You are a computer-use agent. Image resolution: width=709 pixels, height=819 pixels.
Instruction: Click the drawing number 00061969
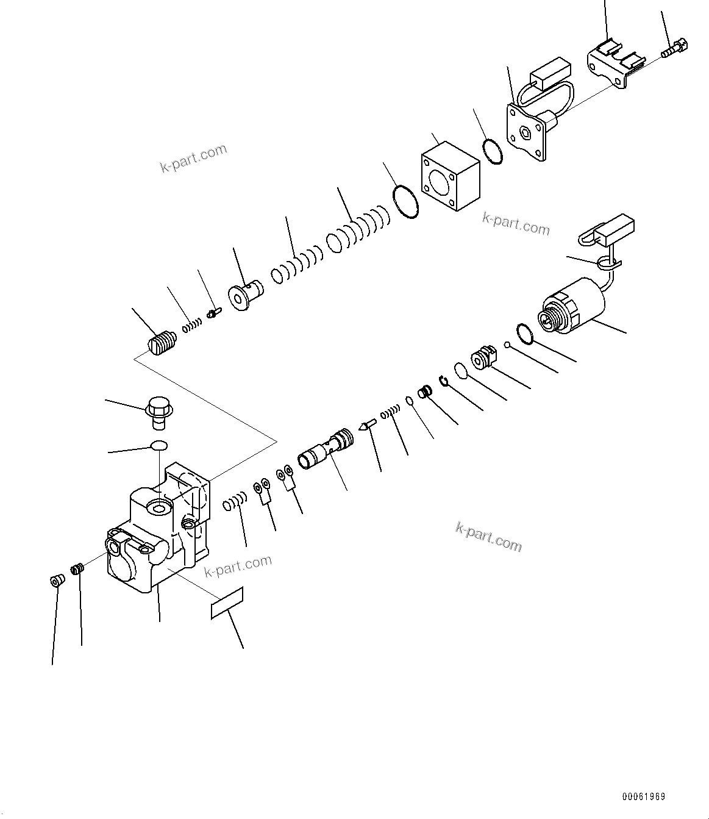tap(644, 797)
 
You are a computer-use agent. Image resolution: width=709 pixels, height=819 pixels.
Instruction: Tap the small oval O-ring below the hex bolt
tap(159, 446)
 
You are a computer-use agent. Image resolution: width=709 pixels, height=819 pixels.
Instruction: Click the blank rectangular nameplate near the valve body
tap(227, 603)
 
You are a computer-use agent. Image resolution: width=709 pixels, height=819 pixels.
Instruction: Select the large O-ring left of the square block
tap(406, 201)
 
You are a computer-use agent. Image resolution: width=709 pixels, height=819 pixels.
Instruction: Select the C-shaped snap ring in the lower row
tap(444, 381)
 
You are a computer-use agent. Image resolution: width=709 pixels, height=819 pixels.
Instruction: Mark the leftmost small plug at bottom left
tap(55, 580)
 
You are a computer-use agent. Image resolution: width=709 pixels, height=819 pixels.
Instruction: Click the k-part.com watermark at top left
tap(193, 158)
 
